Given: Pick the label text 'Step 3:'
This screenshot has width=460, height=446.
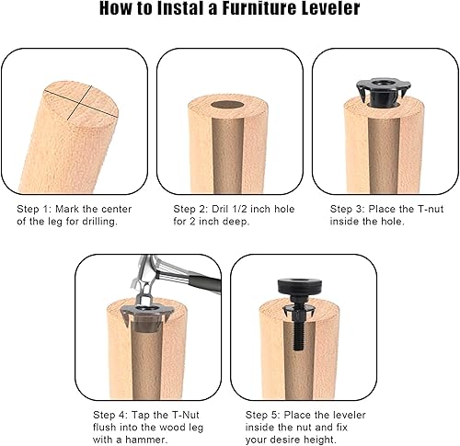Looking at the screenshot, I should tap(350, 210).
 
